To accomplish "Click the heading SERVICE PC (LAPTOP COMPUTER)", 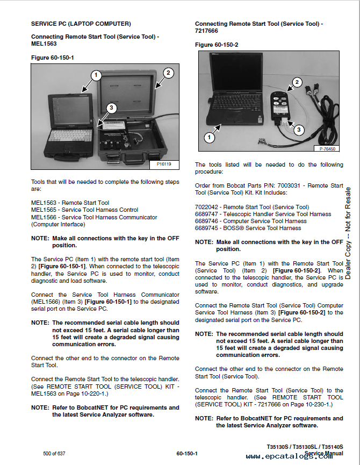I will (81, 24).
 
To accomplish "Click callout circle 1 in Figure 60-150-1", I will (96, 75).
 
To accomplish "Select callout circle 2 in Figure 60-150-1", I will (168, 73).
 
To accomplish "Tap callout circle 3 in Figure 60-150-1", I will (111, 108).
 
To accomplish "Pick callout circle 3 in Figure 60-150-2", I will (299, 130).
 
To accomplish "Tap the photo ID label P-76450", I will (328, 149).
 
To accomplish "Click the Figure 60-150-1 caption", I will (52, 56).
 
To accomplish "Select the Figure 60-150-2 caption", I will (216, 45).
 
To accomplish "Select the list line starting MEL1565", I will (84, 210).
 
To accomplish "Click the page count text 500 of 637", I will (54, 454).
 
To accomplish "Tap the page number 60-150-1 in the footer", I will (186, 454).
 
